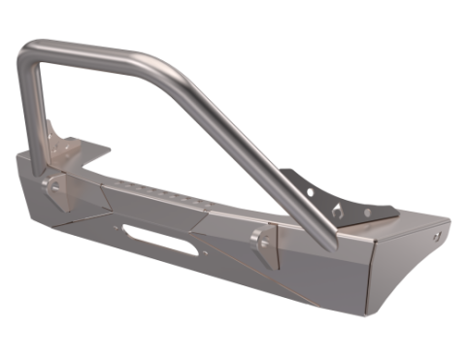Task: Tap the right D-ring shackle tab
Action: [263, 244]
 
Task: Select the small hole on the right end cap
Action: [441, 235]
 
